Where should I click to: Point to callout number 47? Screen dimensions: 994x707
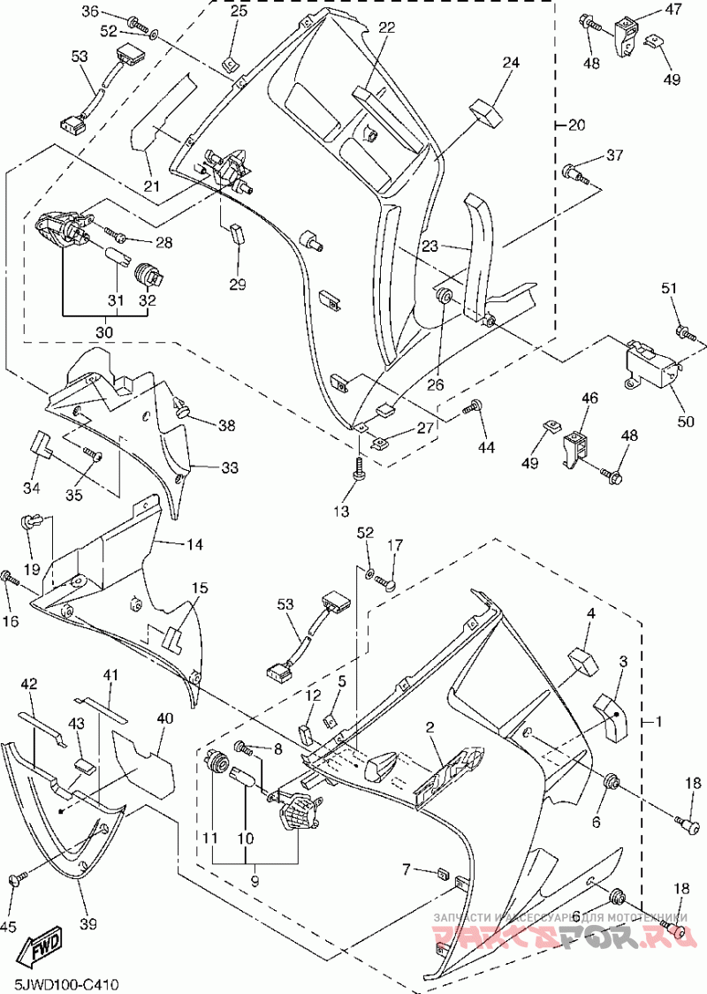click(674, 11)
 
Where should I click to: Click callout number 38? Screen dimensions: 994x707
click(227, 425)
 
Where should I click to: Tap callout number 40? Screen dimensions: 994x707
click(165, 719)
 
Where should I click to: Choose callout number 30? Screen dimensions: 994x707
click(104, 332)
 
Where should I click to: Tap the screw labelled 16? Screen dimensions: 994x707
click(10, 578)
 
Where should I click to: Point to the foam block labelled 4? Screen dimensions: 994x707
click(582, 658)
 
